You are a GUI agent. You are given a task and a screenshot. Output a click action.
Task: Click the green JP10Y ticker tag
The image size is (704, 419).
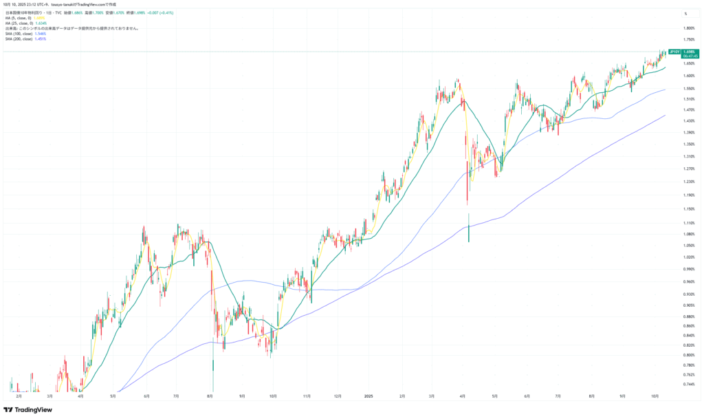[x=674, y=52]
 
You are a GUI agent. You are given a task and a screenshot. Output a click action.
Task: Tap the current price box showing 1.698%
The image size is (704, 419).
[x=689, y=52]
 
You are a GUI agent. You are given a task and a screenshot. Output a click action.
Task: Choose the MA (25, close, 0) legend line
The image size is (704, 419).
[x=18, y=23]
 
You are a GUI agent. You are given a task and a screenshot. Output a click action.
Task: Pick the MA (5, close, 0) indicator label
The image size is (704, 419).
[x=17, y=18]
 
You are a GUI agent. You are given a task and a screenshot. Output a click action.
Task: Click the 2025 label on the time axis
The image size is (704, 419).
[x=368, y=396]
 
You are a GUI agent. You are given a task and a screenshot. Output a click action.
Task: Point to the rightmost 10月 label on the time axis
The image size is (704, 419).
[x=654, y=396]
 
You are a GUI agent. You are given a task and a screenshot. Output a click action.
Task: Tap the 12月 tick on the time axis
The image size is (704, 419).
[x=337, y=396]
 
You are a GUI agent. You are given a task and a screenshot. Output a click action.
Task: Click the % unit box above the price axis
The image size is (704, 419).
[x=685, y=14]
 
